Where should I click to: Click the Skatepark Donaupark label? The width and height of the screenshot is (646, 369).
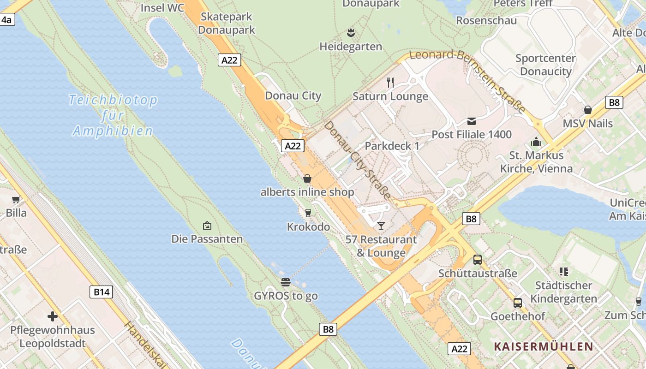coord(227,24)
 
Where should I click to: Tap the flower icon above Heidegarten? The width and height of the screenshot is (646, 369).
coord(351,33)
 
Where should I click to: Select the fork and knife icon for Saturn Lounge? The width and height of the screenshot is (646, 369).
coord(390,83)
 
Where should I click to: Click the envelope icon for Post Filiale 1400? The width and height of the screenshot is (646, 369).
coord(472,121)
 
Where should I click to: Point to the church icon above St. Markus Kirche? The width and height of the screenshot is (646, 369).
coord(536,142)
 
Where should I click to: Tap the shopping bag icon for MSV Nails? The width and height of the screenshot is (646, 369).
coord(588,110)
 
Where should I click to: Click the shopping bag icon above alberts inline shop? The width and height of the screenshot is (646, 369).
coord(307,179)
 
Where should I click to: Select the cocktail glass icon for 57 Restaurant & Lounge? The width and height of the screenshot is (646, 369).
coord(381,226)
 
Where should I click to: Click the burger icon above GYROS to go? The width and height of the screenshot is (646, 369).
coord(286,282)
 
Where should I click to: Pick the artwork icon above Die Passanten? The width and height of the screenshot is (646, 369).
coord(207,226)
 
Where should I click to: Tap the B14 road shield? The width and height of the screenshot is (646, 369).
coord(101,292)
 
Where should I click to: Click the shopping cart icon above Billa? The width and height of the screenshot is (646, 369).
coord(16,199)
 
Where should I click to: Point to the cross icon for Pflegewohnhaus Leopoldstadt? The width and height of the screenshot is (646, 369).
coord(53,316)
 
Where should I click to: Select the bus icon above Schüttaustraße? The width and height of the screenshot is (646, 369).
coord(478,260)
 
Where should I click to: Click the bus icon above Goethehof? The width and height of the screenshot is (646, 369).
coord(518,303)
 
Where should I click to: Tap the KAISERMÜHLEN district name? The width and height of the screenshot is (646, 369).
coord(543,346)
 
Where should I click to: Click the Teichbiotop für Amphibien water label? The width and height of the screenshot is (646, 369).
coord(113,115)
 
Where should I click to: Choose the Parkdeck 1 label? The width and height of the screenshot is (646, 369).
coord(392,146)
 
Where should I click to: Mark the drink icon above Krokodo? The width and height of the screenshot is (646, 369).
coord(308,213)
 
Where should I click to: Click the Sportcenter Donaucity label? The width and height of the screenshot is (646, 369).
coord(545,65)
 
